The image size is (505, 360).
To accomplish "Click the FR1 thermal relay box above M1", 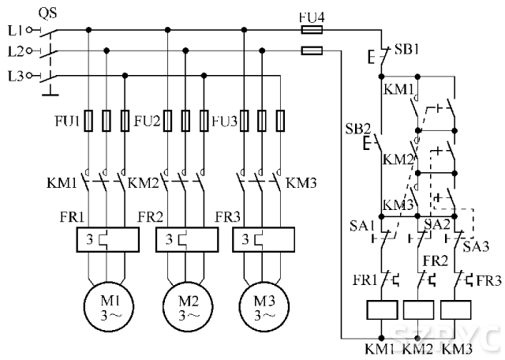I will [107, 239].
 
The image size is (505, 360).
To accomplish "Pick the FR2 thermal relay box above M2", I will [186, 239].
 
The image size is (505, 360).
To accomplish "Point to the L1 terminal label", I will [13, 31].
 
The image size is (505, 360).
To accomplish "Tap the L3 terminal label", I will [13, 76].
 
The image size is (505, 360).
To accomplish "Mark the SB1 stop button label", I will [406, 48].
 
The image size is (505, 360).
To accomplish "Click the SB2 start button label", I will [357, 128].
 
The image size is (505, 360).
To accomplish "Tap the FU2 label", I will [148, 122].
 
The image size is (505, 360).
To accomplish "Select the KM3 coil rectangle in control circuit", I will [458, 310].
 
